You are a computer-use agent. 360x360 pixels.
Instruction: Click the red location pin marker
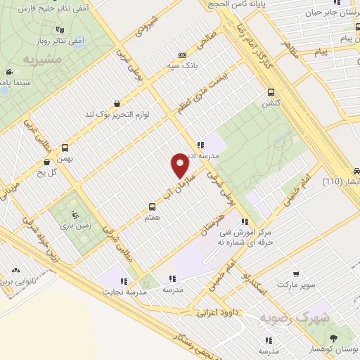click(181, 165)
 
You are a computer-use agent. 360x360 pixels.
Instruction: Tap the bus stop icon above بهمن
click(65, 148)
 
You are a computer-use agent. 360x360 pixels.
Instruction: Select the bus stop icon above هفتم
click(152, 207)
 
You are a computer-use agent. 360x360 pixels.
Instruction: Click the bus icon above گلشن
click(271, 91)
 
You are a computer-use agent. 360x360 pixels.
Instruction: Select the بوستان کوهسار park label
click(335, 349)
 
